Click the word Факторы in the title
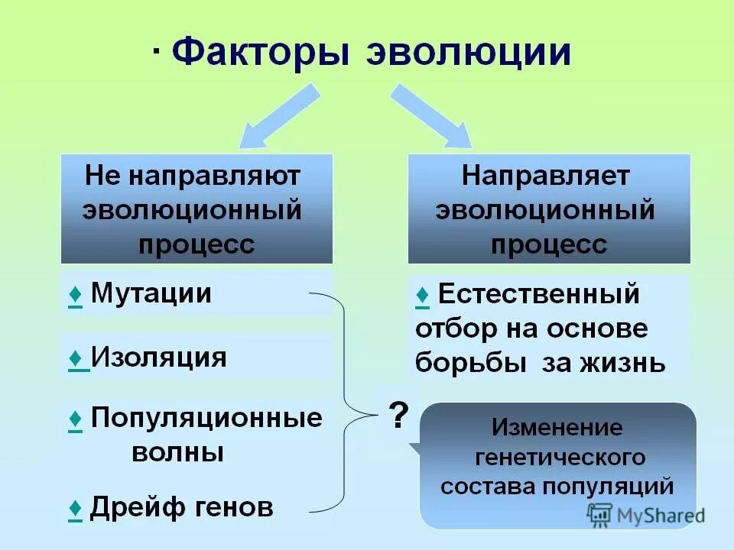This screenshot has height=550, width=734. click(x=261, y=53)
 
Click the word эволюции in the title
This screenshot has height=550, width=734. click(x=469, y=53)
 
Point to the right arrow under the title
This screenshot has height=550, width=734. click(x=432, y=115)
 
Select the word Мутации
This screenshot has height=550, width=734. click(x=151, y=293)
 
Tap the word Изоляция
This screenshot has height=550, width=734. click(x=158, y=357)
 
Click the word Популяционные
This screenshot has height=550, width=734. click(x=206, y=418)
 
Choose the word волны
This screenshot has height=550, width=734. click(x=178, y=452)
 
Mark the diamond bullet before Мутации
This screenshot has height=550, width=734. click(x=75, y=294)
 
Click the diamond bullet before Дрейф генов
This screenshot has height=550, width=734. click(x=75, y=508)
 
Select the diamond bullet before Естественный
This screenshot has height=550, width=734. click(x=423, y=294)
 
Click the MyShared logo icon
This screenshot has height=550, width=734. click(x=599, y=513)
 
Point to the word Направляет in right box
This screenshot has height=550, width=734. click(x=546, y=176)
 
